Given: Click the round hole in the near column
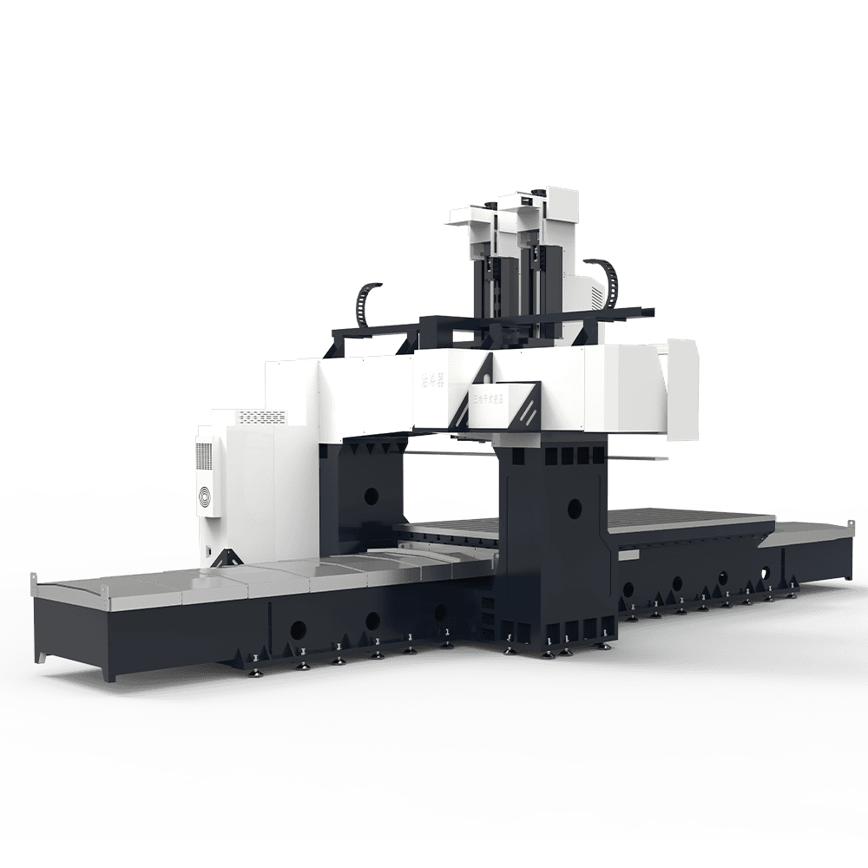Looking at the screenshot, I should click(x=573, y=504).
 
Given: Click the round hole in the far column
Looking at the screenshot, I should click(x=371, y=496).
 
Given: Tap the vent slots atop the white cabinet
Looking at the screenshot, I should click(x=262, y=417).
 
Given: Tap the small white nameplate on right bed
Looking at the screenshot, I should click(x=629, y=554).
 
